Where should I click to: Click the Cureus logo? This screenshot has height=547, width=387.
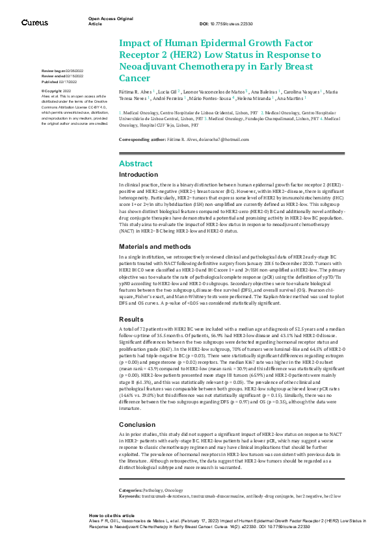(x=34, y=23)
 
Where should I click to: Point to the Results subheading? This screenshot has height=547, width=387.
(x=130, y=319)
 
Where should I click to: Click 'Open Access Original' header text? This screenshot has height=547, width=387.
(x=111, y=18)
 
